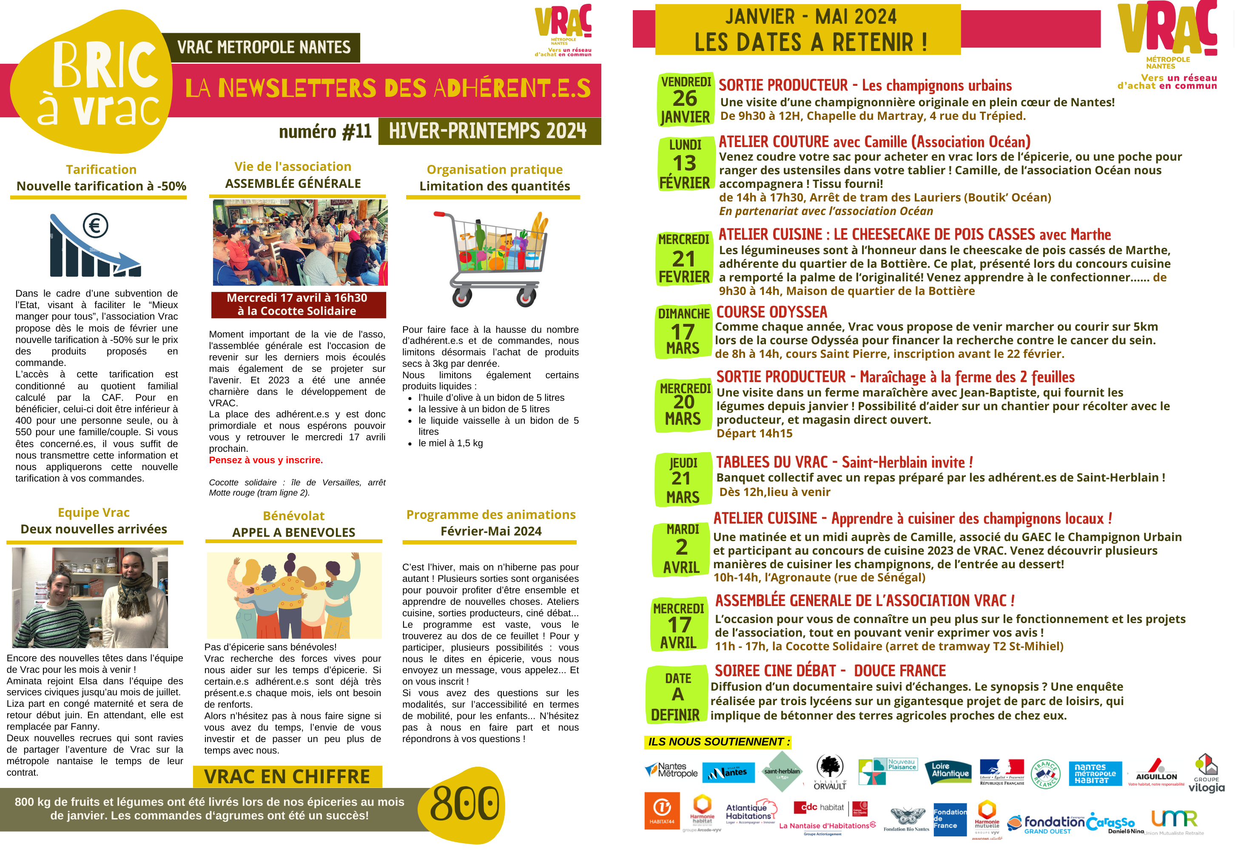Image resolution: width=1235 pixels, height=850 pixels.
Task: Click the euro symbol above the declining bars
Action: (x=95, y=225)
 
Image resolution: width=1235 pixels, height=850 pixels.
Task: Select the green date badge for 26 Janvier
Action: (x=685, y=99)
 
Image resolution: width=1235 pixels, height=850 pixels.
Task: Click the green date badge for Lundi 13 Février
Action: (x=685, y=164)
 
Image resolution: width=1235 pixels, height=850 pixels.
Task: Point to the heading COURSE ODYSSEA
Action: (x=771, y=312)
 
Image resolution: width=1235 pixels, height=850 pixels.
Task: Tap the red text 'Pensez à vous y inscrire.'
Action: (x=265, y=460)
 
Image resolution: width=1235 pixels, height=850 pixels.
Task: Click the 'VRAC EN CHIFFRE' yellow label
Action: (x=287, y=776)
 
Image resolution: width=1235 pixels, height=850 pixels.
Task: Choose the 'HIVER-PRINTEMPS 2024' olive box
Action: (x=489, y=131)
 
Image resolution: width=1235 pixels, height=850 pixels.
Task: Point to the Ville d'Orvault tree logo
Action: (x=830, y=772)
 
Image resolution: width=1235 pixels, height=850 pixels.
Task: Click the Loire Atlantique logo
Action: (x=950, y=772)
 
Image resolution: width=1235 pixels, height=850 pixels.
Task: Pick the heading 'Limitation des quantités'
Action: (x=495, y=187)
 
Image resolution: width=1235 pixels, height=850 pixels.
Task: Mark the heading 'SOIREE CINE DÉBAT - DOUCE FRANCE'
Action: (x=830, y=671)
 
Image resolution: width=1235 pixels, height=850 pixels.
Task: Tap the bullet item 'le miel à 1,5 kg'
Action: (x=450, y=443)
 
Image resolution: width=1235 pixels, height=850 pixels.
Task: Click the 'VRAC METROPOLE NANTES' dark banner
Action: (x=264, y=48)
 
